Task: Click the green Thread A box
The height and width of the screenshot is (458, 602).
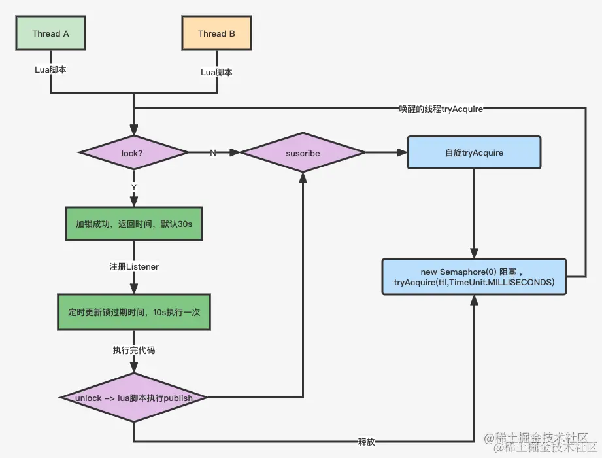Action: coord(50,34)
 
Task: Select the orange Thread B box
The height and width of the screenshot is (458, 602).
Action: coord(216,34)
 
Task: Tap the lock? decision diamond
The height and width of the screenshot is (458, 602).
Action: coord(133,152)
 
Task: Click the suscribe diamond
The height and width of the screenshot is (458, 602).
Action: coord(303,153)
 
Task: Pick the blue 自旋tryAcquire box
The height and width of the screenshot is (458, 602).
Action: coord(474,153)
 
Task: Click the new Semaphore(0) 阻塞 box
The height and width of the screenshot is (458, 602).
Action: coord(474,277)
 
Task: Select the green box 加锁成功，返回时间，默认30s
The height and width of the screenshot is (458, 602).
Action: coord(133,224)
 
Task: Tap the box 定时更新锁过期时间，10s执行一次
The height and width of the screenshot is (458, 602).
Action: coord(133,313)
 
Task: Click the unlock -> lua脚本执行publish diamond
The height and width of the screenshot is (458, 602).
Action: coord(133,397)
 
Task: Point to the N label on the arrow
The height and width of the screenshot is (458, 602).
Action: coord(212,152)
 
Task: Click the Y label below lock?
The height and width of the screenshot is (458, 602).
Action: coord(133,188)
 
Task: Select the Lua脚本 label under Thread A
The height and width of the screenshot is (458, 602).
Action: coord(50,69)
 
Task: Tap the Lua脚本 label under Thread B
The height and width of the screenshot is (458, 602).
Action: coord(216,72)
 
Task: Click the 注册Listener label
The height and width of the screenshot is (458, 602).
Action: coord(133,267)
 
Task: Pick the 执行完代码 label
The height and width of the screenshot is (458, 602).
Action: coord(133,351)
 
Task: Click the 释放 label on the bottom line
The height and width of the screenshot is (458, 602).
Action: coord(366,441)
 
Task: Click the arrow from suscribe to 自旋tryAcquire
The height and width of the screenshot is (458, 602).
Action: coord(386,153)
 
